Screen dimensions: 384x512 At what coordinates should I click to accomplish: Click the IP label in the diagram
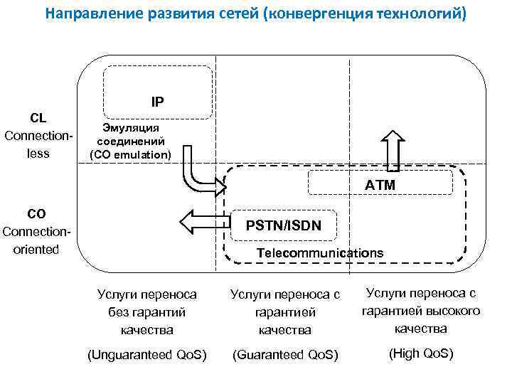(x=157, y=102)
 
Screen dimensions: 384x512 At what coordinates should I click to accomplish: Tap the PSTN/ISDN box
(x=283, y=225)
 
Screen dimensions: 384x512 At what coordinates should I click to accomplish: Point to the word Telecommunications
(x=319, y=252)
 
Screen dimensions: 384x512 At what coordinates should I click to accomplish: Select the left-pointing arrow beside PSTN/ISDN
(x=206, y=221)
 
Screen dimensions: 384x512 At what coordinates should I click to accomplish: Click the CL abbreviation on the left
(x=38, y=117)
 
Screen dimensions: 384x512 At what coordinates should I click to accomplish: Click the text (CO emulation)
(x=130, y=154)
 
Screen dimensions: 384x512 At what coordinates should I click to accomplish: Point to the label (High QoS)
(x=420, y=353)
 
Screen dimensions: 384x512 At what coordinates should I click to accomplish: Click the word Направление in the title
(x=91, y=13)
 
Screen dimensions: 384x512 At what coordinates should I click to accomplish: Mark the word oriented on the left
(x=33, y=250)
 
